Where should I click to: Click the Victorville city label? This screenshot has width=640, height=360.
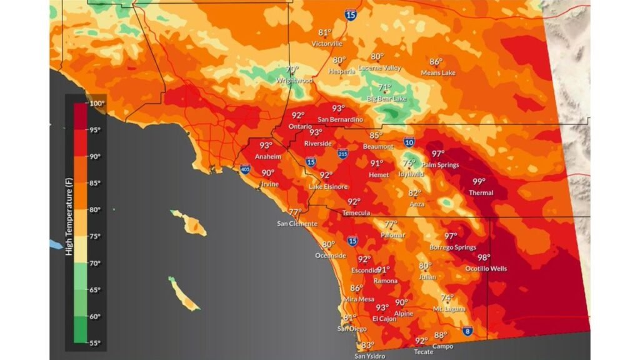point(327,44)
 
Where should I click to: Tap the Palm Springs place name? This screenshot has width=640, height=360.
point(440,165)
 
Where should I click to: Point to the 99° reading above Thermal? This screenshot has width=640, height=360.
point(479,182)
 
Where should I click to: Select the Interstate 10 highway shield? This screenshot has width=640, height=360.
point(409,142)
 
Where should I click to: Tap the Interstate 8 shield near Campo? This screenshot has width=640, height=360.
point(467,331)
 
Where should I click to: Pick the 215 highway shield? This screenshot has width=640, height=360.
point(342,153)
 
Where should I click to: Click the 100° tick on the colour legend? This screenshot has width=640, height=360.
point(97,104)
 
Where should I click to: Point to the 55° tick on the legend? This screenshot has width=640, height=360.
point(95,343)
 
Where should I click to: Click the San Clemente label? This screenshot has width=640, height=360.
point(297,224)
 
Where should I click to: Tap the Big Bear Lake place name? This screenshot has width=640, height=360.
point(386,99)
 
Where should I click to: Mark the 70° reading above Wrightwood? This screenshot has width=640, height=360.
point(292,70)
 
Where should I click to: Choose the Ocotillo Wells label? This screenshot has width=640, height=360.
point(486,269)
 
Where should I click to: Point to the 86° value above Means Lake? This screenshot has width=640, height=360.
point(436,62)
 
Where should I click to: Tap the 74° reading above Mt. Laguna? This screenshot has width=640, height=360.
point(447,298)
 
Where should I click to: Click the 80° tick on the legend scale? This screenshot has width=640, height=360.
point(95,210)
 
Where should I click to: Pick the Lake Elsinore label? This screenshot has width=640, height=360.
point(328,187)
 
